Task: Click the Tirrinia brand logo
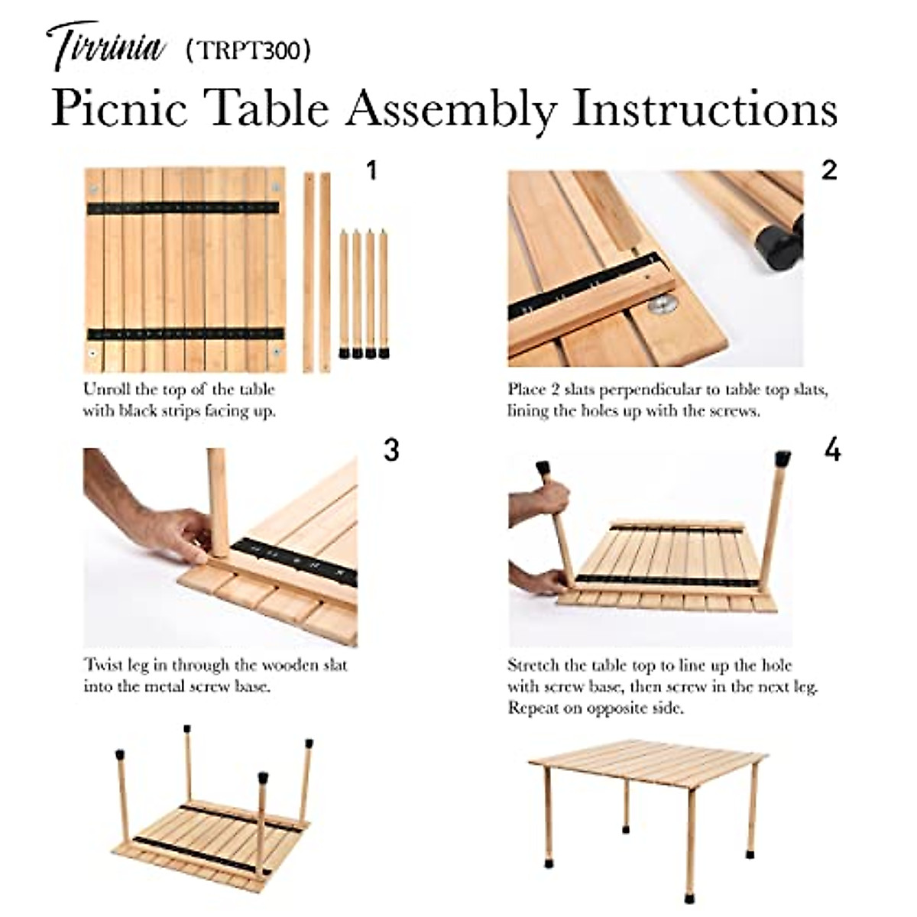(x=106, y=46)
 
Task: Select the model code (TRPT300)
(x=248, y=50)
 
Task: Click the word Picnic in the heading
(x=119, y=109)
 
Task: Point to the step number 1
(x=371, y=170)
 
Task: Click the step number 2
(x=830, y=170)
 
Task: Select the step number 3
(x=391, y=451)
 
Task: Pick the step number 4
(x=832, y=451)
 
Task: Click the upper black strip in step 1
(x=183, y=208)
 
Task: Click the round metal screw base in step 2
(x=662, y=306)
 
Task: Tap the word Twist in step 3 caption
(x=103, y=666)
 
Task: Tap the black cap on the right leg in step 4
(x=783, y=459)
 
